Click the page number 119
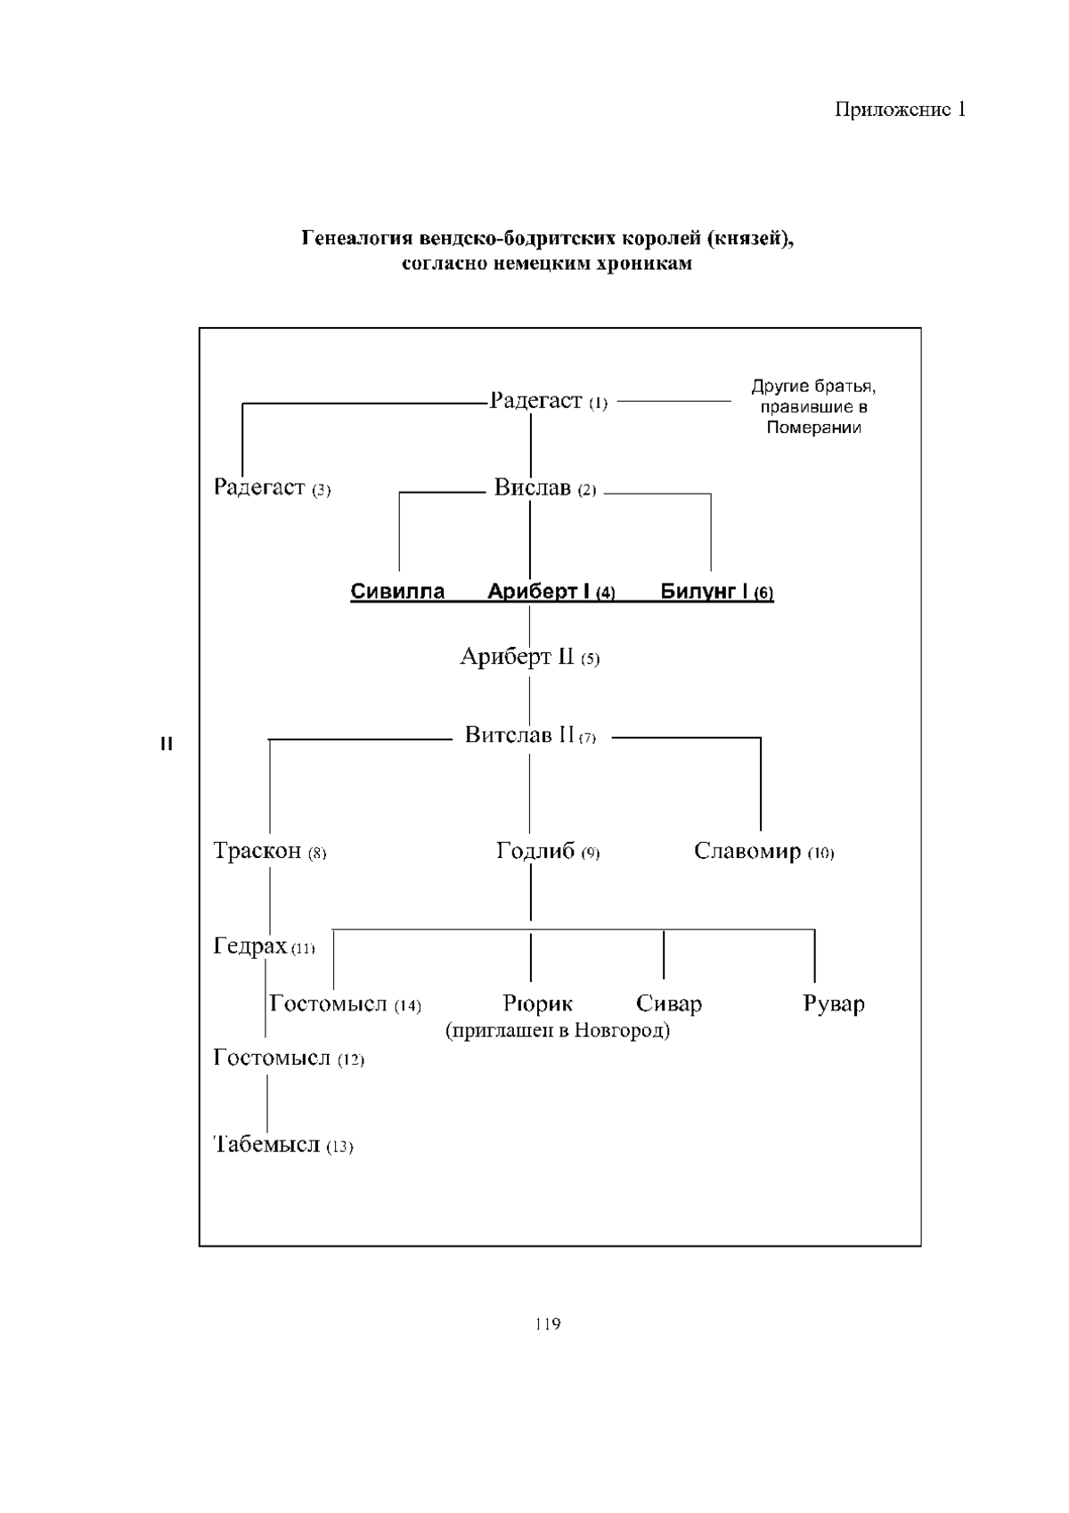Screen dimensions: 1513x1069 548,1324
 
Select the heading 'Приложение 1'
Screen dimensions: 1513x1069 900,110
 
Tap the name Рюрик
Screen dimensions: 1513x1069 537,1004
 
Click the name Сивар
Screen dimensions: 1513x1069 669,1004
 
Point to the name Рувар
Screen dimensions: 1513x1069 834,1004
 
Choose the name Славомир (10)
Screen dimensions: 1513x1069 763,852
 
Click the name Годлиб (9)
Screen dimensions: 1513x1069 547,852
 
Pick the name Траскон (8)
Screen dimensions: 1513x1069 270,852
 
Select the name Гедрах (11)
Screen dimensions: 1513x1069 264,946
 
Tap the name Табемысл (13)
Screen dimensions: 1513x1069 283,1145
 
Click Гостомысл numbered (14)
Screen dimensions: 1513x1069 345,1004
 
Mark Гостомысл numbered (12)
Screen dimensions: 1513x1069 289,1059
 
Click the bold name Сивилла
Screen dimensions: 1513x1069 397,593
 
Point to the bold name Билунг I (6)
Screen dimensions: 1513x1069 717,593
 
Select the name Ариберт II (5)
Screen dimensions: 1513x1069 529,658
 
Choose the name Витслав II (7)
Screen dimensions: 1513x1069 530,736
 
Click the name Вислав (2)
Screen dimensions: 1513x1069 545,489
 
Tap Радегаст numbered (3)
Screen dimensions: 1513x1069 272,488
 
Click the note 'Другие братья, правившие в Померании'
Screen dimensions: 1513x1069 813,407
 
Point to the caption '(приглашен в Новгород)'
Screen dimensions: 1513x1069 558,1032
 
